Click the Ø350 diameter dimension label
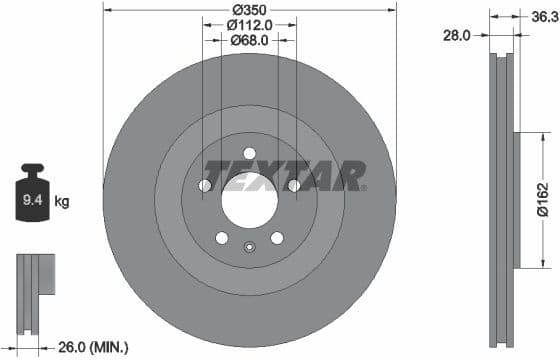pos(249,8)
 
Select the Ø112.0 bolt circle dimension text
pos(249,24)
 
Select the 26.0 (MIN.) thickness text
pos(92,348)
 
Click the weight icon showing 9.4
pos(34,195)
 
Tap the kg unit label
pos(62,202)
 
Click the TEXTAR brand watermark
pos(285,175)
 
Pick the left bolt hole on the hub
pos(205,186)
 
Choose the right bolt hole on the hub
pos(293,186)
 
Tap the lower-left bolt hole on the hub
pos(221,238)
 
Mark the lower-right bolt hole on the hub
pos(277,238)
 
